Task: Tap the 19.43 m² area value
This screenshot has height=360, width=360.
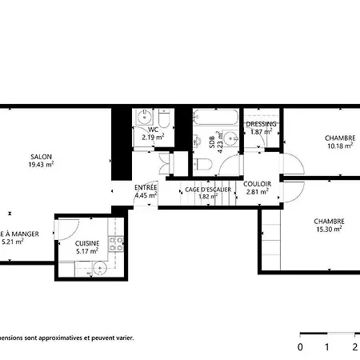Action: pos(42,164)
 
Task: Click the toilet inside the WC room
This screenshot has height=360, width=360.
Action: pos(163,120)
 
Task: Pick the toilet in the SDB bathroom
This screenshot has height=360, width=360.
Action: pos(203,165)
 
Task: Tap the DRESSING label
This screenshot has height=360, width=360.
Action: pos(262,124)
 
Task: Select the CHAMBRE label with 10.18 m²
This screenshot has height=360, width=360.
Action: pos(340,138)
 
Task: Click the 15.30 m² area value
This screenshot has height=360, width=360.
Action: pos(328,230)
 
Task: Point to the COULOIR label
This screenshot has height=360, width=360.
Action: pos(258,184)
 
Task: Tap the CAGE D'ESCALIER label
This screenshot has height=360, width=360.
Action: pos(208,189)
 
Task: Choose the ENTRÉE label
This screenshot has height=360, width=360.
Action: pos(146,187)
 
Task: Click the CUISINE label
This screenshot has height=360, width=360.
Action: pos(87,243)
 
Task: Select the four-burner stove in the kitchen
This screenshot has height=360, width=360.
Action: pos(118,243)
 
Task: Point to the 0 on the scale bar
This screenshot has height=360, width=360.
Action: pos(300,347)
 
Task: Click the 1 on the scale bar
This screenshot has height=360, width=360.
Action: pos(327,347)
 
